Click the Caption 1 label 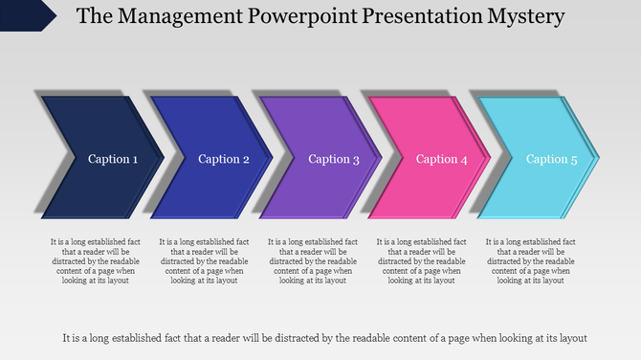coord(113,159)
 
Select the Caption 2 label coord(223,159)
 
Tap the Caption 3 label coord(334,159)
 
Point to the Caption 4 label coord(442,159)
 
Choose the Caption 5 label coord(552,159)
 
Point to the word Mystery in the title coord(524,16)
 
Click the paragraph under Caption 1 coord(96,260)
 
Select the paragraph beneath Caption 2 coord(205,260)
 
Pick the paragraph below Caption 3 coord(314,260)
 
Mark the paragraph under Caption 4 coord(423,260)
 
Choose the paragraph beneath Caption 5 coord(532,260)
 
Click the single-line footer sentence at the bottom coord(323,337)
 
